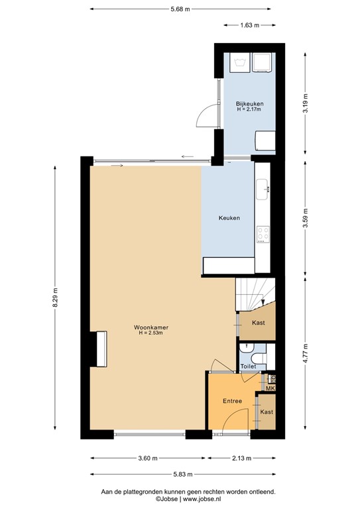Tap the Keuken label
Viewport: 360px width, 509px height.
[229, 218]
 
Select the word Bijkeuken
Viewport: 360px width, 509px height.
[249, 104]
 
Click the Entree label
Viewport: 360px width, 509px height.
[231, 401]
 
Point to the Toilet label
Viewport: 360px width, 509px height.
[248, 366]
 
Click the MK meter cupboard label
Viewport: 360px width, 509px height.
[270, 388]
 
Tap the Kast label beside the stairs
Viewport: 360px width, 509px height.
[259, 323]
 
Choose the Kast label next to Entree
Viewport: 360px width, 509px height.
[266, 412]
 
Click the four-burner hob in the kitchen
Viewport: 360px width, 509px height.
[263, 234]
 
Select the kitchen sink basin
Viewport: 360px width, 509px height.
[263, 186]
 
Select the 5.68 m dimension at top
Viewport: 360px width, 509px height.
[180, 9]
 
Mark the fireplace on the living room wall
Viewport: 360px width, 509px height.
[99, 348]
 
